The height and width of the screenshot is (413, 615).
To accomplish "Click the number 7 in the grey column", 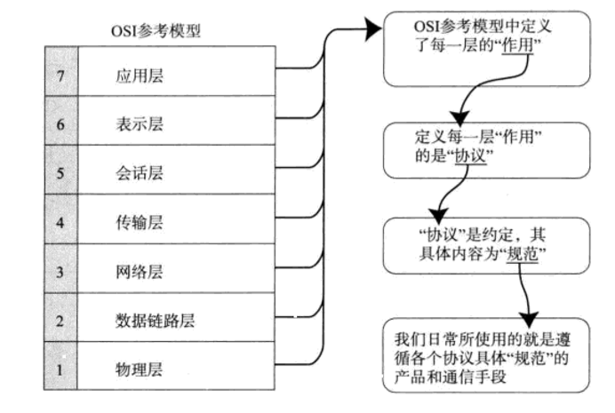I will coord(60,75).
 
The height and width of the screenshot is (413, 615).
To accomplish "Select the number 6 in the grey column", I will coord(60,124).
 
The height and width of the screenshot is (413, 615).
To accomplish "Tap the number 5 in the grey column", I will coord(60,172).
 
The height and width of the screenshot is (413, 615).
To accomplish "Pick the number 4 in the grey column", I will coord(60,221).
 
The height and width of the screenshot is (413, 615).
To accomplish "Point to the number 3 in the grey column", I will coord(60,270).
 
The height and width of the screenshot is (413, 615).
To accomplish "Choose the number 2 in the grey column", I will coord(60,319).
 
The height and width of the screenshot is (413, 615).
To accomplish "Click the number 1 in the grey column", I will coord(60,367).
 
